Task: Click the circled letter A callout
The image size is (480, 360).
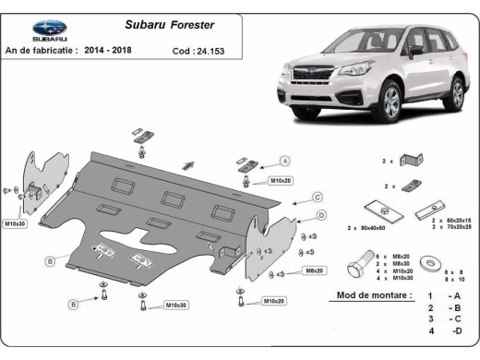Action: click(x=285, y=160)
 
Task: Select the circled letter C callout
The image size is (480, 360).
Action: click(x=317, y=197)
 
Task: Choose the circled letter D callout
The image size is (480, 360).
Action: click(x=321, y=215)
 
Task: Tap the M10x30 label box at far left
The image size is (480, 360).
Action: click(x=15, y=223)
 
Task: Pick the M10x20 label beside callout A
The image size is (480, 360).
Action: click(x=281, y=180)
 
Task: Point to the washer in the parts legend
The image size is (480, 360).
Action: click(x=430, y=262)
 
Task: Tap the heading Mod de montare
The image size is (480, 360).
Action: click(x=369, y=295)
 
